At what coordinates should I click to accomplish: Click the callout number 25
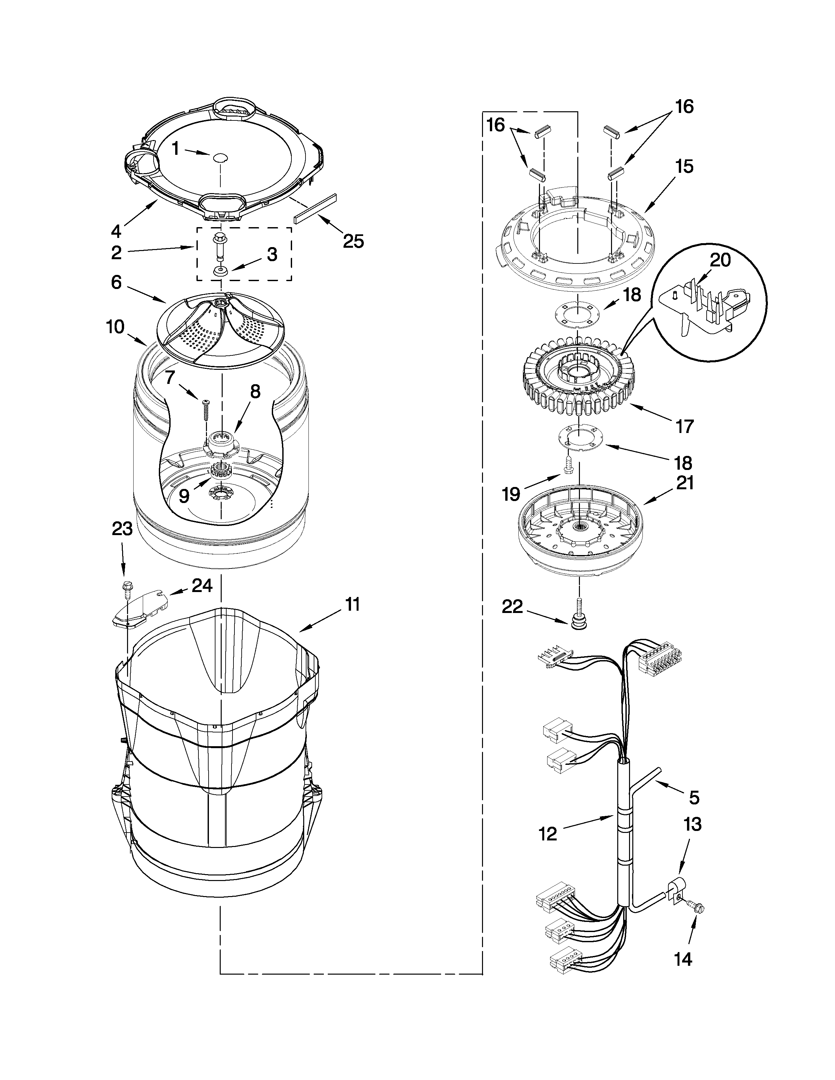[353, 241]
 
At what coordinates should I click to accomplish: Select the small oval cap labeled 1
[220, 157]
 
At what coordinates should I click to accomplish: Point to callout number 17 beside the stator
[685, 426]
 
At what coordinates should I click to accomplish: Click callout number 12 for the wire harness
[547, 834]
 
